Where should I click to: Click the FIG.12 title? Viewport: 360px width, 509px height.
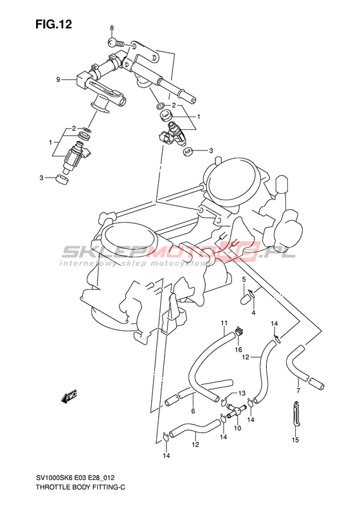[54, 24]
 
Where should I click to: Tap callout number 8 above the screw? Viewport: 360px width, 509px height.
[112, 28]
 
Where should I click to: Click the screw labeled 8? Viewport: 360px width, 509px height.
[116, 42]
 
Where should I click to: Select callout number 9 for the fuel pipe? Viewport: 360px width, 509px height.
[59, 79]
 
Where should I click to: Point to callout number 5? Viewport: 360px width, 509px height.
[244, 279]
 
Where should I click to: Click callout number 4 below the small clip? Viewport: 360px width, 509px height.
[254, 313]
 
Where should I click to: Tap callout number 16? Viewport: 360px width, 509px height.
[239, 349]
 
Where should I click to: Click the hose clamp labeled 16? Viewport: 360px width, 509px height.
[239, 333]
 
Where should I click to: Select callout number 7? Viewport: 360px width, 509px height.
[298, 390]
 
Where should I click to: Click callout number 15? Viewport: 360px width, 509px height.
[295, 440]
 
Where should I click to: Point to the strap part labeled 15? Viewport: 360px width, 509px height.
[295, 414]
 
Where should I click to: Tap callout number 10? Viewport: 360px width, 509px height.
[237, 429]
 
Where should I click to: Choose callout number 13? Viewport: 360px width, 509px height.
[242, 393]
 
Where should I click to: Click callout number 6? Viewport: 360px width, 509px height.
[193, 412]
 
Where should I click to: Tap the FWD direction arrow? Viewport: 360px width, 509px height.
[69, 396]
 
